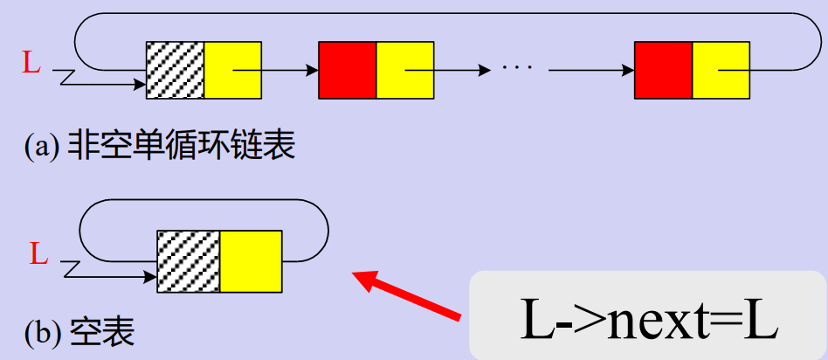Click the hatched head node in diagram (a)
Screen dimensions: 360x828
175,70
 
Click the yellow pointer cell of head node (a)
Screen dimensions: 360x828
232,70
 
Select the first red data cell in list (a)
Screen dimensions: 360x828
347,70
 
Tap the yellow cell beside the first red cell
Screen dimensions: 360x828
404,70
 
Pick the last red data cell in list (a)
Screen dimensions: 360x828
663,70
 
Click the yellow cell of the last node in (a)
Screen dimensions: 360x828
721,70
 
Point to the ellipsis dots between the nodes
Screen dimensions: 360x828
522,67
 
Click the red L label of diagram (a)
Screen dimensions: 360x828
31,63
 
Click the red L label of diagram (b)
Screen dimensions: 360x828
38,255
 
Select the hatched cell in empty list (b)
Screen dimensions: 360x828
187,260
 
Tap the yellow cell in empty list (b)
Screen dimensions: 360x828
250,260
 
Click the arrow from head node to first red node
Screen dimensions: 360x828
289,70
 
